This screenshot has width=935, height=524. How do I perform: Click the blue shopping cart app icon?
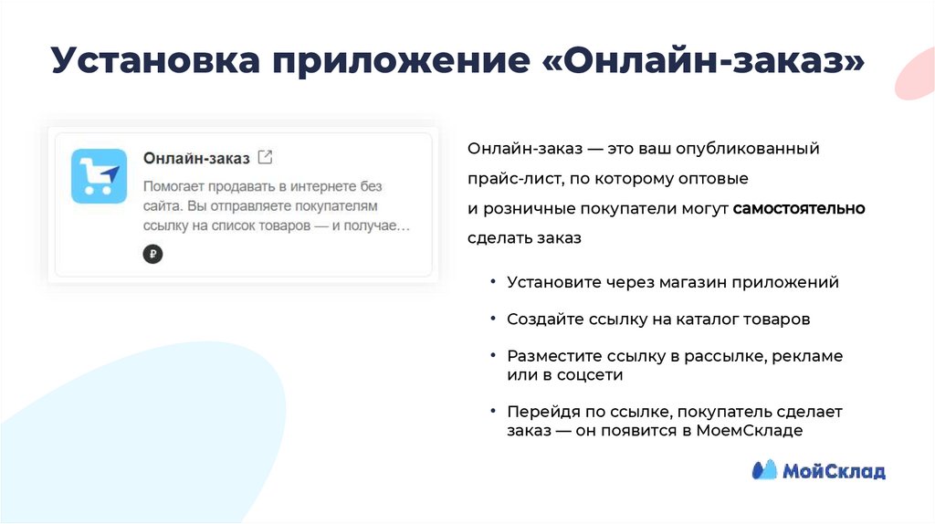pyautogui.click(x=100, y=175)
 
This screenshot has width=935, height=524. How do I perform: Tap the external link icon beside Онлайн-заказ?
pyautogui.click(x=265, y=157)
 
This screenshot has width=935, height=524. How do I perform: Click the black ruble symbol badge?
pyautogui.click(x=152, y=255)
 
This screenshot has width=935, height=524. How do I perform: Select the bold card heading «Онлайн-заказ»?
pyautogui.click(x=196, y=158)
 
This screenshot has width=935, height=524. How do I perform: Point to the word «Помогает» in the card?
pyautogui.click(x=177, y=186)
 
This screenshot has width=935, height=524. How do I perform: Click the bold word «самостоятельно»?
pyautogui.click(x=798, y=208)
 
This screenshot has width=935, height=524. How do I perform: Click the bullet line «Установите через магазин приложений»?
pyautogui.click(x=673, y=282)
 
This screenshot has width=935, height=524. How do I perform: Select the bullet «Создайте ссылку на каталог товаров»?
pyautogui.click(x=658, y=320)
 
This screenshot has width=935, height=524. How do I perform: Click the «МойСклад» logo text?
pyautogui.click(x=833, y=471)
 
